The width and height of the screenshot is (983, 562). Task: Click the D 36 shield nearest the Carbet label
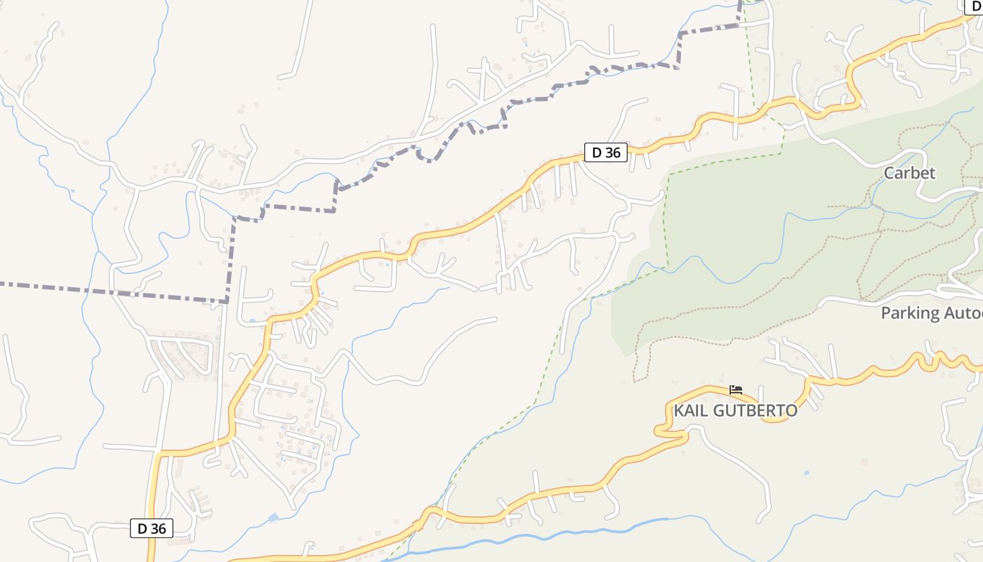[x=605, y=152]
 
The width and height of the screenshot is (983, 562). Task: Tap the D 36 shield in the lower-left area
[x=152, y=528]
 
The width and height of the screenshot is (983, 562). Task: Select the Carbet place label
[x=909, y=173]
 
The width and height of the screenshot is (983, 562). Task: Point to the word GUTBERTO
[x=755, y=411]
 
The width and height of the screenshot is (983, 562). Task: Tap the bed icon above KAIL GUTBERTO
[x=735, y=389]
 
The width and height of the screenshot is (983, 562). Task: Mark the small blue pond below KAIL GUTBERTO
[x=806, y=473]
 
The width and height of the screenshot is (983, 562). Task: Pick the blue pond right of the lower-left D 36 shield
[x=273, y=518]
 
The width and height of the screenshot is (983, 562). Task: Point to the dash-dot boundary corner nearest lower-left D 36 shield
[x=227, y=301]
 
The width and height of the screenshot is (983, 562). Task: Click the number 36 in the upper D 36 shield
[x=612, y=152]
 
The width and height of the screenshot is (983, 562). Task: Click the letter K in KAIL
[x=680, y=411]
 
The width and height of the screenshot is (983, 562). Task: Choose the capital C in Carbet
[x=890, y=173]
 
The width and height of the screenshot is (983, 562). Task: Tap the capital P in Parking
[x=886, y=313]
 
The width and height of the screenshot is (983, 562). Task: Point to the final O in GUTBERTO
[x=791, y=411]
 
